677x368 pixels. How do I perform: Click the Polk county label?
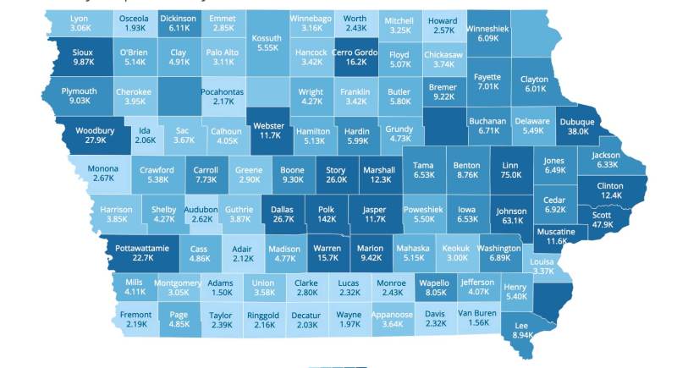(x=326, y=208)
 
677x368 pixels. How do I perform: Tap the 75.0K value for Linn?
(x=510, y=175)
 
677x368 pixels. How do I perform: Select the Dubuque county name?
(x=576, y=122)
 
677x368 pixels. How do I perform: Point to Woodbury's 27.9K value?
(x=95, y=140)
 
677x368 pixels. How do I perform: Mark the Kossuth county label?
(x=267, y=38)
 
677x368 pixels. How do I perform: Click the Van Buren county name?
(x=477, y=313)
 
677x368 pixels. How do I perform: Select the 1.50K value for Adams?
(x=221, y=293)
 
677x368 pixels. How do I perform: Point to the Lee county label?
(x=522, y=324)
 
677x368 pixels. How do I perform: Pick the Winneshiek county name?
(x=488, y=28)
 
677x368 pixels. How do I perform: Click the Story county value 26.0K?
(x=336, y=180)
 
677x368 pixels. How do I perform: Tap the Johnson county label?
(x=510, y=211)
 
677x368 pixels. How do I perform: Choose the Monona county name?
(x=103, y=168)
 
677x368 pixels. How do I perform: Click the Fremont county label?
(x=135, y=313)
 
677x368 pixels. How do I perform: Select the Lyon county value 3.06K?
(x=80, y=28)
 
